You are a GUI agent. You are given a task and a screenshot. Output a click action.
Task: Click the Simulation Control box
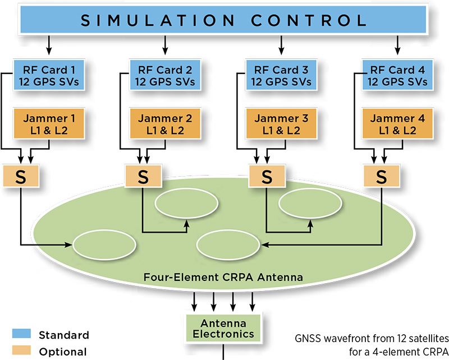224,20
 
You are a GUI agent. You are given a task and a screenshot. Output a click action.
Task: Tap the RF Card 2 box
164,76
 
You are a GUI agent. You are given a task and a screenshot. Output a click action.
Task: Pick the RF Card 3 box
281,76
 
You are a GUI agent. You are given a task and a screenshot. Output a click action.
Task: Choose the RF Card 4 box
397,76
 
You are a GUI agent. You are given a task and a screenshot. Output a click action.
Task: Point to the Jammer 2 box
164,124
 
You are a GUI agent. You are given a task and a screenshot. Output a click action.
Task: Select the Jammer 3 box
281,124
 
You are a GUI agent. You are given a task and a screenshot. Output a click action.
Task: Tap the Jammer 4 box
397,124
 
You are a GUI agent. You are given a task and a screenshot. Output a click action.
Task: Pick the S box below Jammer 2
143,176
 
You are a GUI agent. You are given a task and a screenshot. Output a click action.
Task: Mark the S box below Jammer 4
382,176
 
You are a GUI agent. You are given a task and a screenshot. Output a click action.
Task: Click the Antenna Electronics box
223,328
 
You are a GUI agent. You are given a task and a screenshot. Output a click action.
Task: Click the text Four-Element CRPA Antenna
223,276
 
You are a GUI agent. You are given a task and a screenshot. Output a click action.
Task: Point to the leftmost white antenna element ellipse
104,245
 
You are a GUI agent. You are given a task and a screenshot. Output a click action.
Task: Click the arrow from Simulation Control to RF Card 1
49,43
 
